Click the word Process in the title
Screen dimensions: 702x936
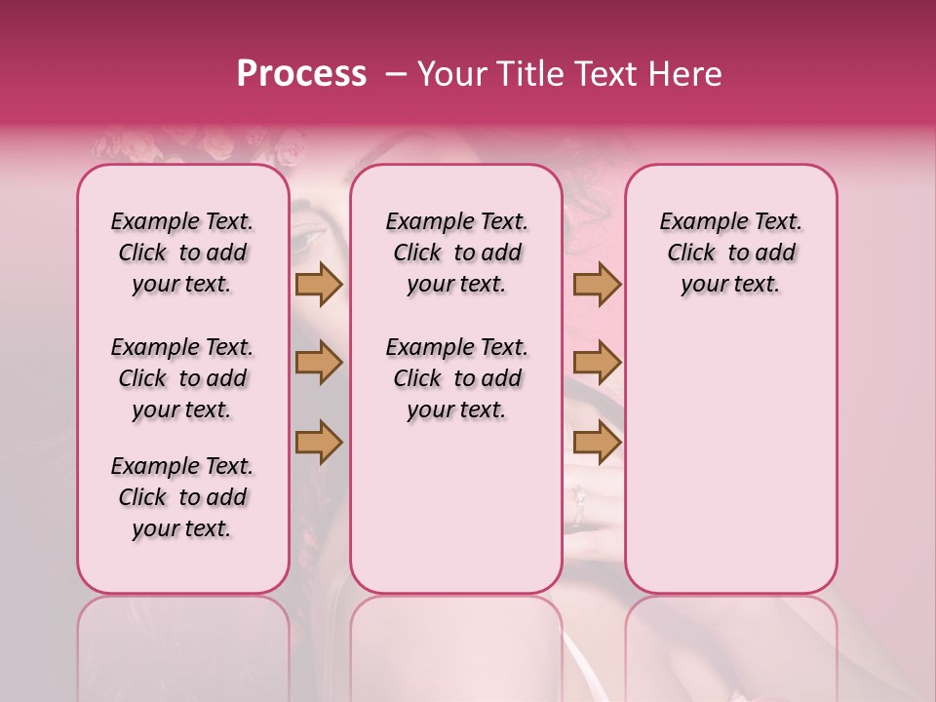(301, 74)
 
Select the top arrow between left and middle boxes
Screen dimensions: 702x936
(319, 284)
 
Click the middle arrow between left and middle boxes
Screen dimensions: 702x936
(319, 363)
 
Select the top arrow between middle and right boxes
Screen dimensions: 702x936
(597, 284)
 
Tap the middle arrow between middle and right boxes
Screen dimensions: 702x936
(597, 363)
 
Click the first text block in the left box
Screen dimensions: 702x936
(182, 253)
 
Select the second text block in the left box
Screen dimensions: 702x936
(182, 378)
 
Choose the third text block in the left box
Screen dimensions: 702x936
(182, 497)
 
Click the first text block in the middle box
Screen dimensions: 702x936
(457, 253)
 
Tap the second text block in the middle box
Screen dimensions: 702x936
(457, 378)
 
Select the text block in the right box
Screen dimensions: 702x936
(731, 253)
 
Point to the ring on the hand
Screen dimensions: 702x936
(578, 498)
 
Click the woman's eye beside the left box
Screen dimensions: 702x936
(310, 237)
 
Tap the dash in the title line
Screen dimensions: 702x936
(396, 75)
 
